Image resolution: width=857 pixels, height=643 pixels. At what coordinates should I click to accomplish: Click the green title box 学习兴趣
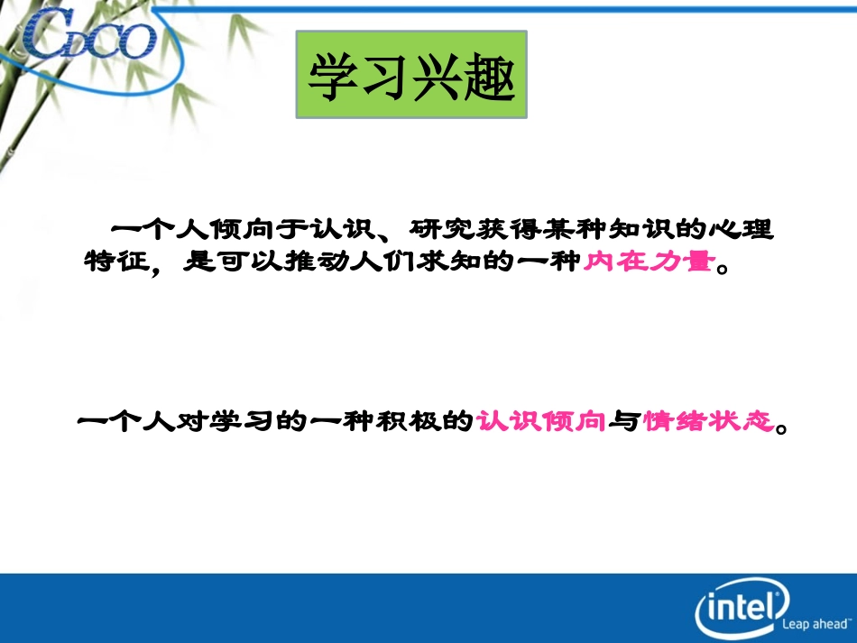coord(411,74)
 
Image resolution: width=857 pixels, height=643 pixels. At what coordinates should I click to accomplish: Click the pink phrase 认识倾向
coord(540,421)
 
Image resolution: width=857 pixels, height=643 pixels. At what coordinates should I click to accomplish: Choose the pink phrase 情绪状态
coord(709,421)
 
